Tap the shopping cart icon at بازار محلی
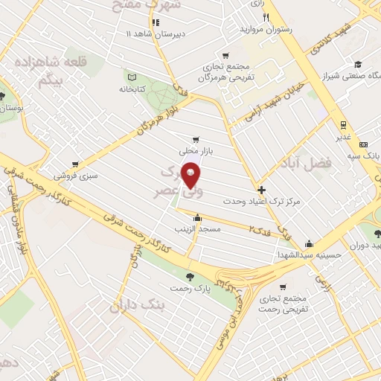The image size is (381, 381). (x=196, y=139)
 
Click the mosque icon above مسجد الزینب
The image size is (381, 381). (x=198, y=218)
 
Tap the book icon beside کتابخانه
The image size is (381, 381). (x=132, y=77)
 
